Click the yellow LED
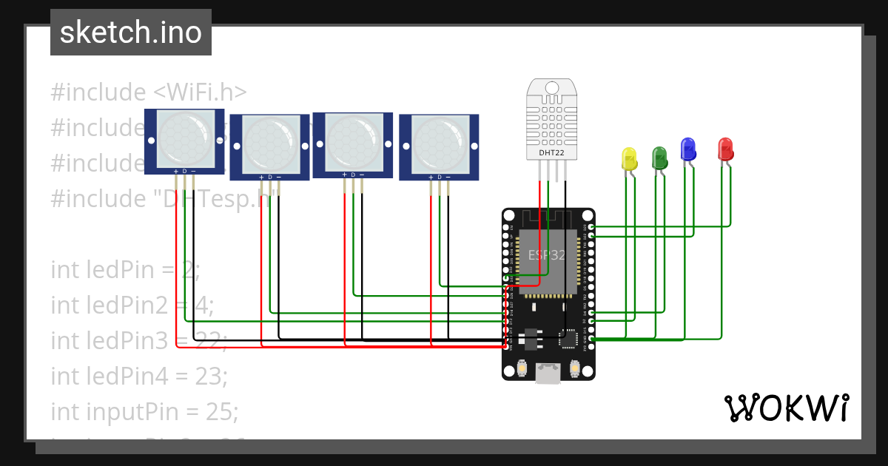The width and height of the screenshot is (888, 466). point(630,160)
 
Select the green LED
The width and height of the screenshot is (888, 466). point(659,158)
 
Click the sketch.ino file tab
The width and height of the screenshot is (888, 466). point(131,33)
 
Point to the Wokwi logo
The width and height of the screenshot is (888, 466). point(787,408)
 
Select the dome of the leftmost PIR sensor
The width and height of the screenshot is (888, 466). point(184,139)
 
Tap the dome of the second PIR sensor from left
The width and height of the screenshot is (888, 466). point(269,144)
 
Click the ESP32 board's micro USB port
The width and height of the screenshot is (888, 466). point(548,374)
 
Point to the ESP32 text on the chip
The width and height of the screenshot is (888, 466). point(547,255)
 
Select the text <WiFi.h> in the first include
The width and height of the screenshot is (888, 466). point(200,92)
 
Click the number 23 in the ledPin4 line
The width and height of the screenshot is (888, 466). point(212,376)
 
